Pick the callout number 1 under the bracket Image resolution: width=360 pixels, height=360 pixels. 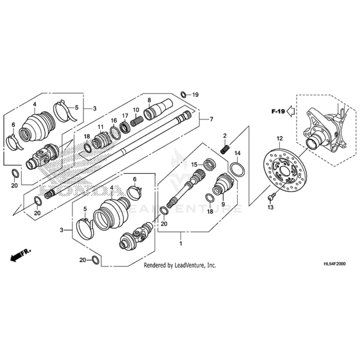click(181, 243)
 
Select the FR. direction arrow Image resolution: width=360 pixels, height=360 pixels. click(18, 256)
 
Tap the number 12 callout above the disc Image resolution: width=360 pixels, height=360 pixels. click(279, 138)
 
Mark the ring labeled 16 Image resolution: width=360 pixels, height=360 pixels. click(115, 132)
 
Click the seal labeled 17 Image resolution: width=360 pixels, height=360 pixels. click(125, 126)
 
